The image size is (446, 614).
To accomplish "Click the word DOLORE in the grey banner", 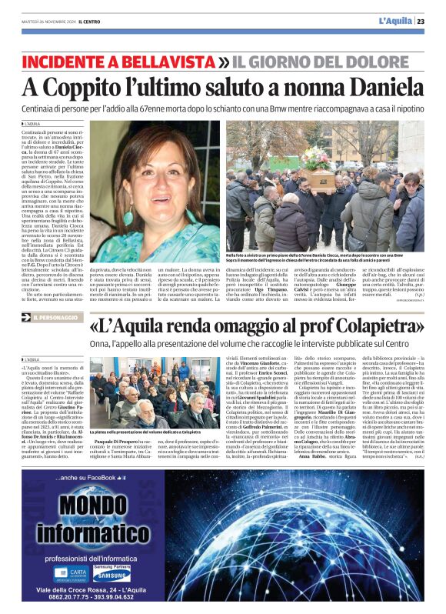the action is (x=385, y=61).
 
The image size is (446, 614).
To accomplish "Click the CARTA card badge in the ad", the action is (x=68, y=573).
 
